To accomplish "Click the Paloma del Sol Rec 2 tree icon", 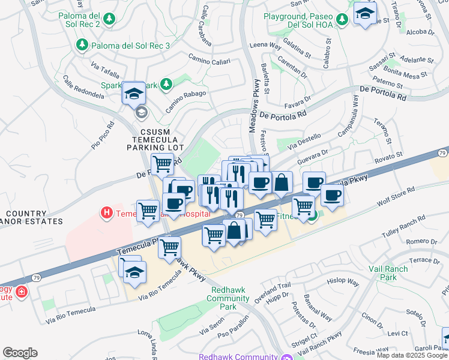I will [109, 20].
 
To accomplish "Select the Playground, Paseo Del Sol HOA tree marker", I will [342, 20].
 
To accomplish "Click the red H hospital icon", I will [107, 212].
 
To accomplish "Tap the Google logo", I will [20, 353].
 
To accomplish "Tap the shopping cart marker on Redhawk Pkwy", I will [170, 245].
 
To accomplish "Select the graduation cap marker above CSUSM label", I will [134, 93].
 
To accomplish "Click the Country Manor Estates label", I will [31, 217].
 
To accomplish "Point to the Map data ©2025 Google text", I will [411, 355].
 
